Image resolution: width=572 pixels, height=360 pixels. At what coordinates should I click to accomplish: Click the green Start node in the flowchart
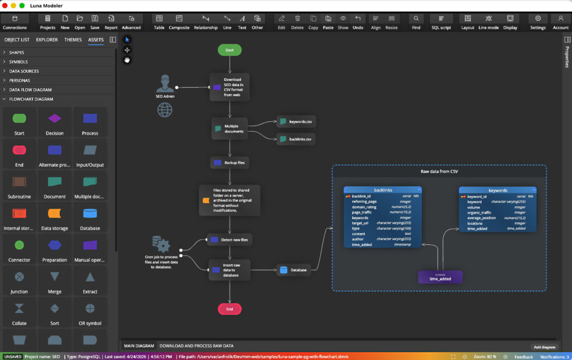(x=230, y=50)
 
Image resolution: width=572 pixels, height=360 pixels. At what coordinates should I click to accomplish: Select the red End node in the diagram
(x=230, y=309)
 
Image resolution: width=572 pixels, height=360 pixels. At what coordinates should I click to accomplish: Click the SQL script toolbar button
(x=441, y=22)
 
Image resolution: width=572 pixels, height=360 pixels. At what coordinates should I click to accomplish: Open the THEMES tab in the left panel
(x=73, y=40)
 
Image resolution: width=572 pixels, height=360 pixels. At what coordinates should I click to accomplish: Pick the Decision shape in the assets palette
(x=54, y=122)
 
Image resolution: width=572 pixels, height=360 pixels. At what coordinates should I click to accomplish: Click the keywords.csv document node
(x=296, y=121)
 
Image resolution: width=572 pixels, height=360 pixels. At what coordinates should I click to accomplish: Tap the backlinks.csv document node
(x=296, y=139)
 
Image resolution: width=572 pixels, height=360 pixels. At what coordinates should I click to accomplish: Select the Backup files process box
(x=230, y=163)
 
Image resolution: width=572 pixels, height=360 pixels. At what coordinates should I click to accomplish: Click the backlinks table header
(x=383, y=190)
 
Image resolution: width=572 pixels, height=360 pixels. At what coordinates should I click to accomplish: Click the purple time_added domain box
(x=440, y=277)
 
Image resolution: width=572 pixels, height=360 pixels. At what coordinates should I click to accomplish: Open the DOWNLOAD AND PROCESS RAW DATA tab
(x=197, y=346)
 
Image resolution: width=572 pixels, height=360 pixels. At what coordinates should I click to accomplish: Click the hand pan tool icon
(x=127, y=60)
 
